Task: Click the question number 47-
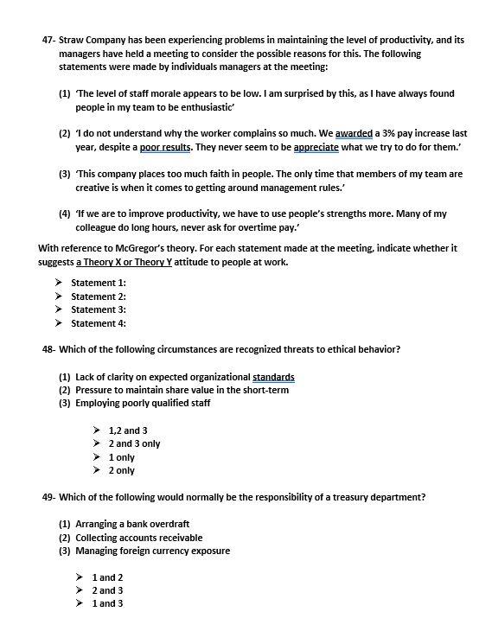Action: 49,41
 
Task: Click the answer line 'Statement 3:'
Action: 99,309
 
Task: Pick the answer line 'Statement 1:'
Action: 99,283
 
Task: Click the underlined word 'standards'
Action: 273,377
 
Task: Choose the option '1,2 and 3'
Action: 128,430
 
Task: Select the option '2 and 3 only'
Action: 134,443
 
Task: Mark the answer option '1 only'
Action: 122,457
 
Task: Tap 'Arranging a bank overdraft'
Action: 131,524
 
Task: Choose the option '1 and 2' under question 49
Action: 107,577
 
